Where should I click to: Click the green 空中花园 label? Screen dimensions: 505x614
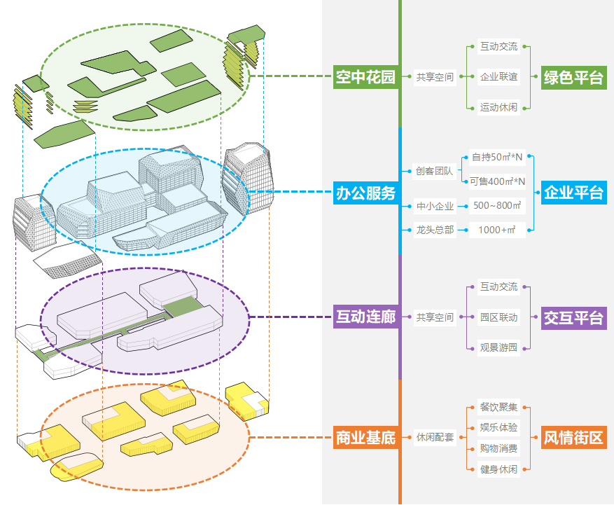[365, 77]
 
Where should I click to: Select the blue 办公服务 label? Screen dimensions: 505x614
[365, 193]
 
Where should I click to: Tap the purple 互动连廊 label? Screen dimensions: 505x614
[365, 317]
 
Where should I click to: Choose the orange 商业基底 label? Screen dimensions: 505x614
[365, 438]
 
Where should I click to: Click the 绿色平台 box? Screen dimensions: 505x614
[573, 77]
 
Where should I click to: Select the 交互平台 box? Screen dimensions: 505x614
[573, 317]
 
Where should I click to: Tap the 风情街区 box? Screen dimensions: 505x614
[573, 438]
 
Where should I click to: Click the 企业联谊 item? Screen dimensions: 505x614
[498, 77]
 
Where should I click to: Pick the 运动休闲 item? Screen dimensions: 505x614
[498, 107]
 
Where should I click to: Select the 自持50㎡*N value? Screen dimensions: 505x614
[497, 158]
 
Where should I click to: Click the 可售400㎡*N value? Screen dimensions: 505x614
[497, 182]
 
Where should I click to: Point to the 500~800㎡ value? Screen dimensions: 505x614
[497, 206]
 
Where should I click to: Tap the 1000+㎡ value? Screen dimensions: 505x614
[497, 230]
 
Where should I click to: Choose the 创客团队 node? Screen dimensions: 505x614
[434, 170]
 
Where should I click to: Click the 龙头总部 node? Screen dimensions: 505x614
[434, 230]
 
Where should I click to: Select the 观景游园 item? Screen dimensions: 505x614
[498, 347]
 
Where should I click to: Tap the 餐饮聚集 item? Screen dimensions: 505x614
[498, 407]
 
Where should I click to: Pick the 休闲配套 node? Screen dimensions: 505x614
[434, 438]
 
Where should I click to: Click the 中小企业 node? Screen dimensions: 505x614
[434, 206]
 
